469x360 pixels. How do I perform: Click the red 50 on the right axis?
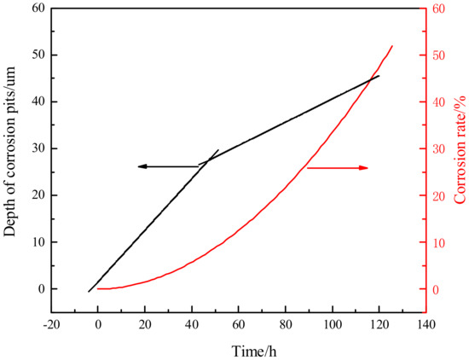438,55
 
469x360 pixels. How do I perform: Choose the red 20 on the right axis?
438,195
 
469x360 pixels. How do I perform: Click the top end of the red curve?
392,46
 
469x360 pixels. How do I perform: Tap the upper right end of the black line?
379,75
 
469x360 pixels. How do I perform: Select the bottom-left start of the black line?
88,292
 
